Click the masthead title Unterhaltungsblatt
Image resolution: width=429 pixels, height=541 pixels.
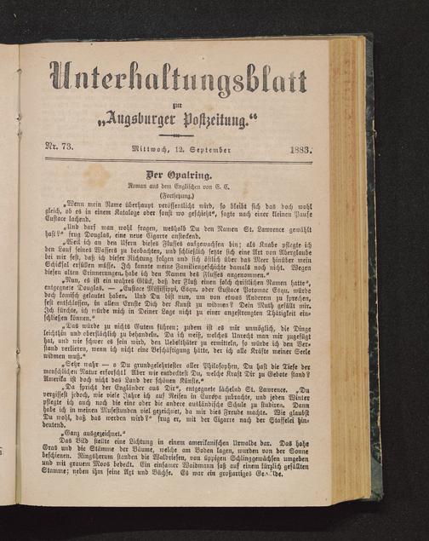(x=178, y=79)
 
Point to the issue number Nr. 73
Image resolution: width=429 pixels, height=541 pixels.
(x=60, y=149)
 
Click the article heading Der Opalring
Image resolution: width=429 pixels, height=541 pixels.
(x=176, y=174)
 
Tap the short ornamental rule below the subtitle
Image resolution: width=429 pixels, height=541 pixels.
(x=177, y=135)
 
